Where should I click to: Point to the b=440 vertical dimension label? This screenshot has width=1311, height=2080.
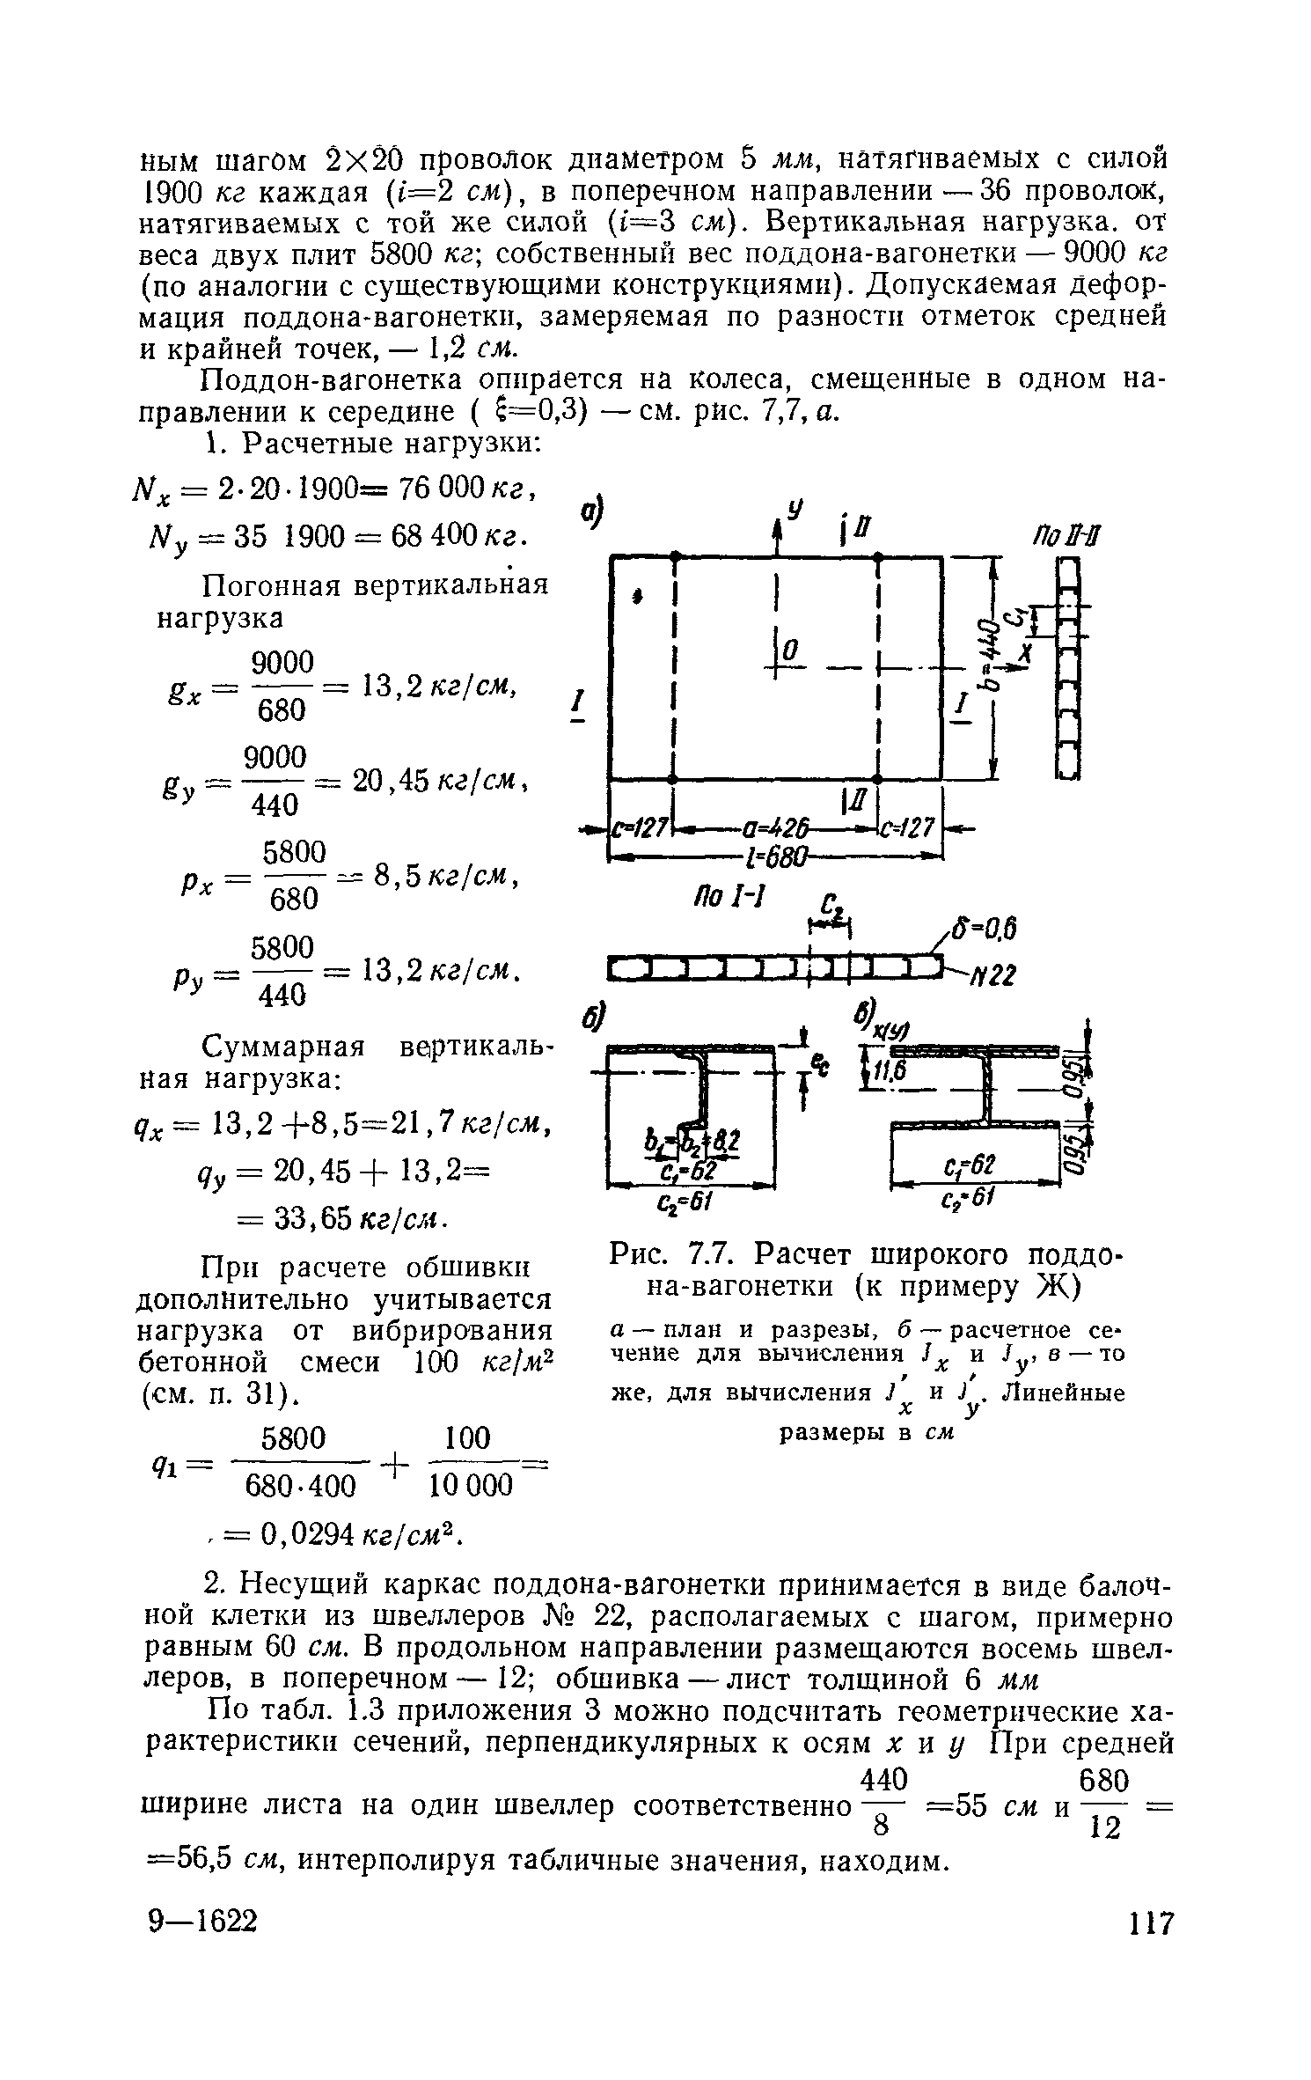(992, 640)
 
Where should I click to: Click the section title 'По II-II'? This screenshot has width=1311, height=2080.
(1069, 538)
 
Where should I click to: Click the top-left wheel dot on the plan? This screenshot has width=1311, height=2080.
(674, 556)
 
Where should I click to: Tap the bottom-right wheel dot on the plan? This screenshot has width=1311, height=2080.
(877, 779)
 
